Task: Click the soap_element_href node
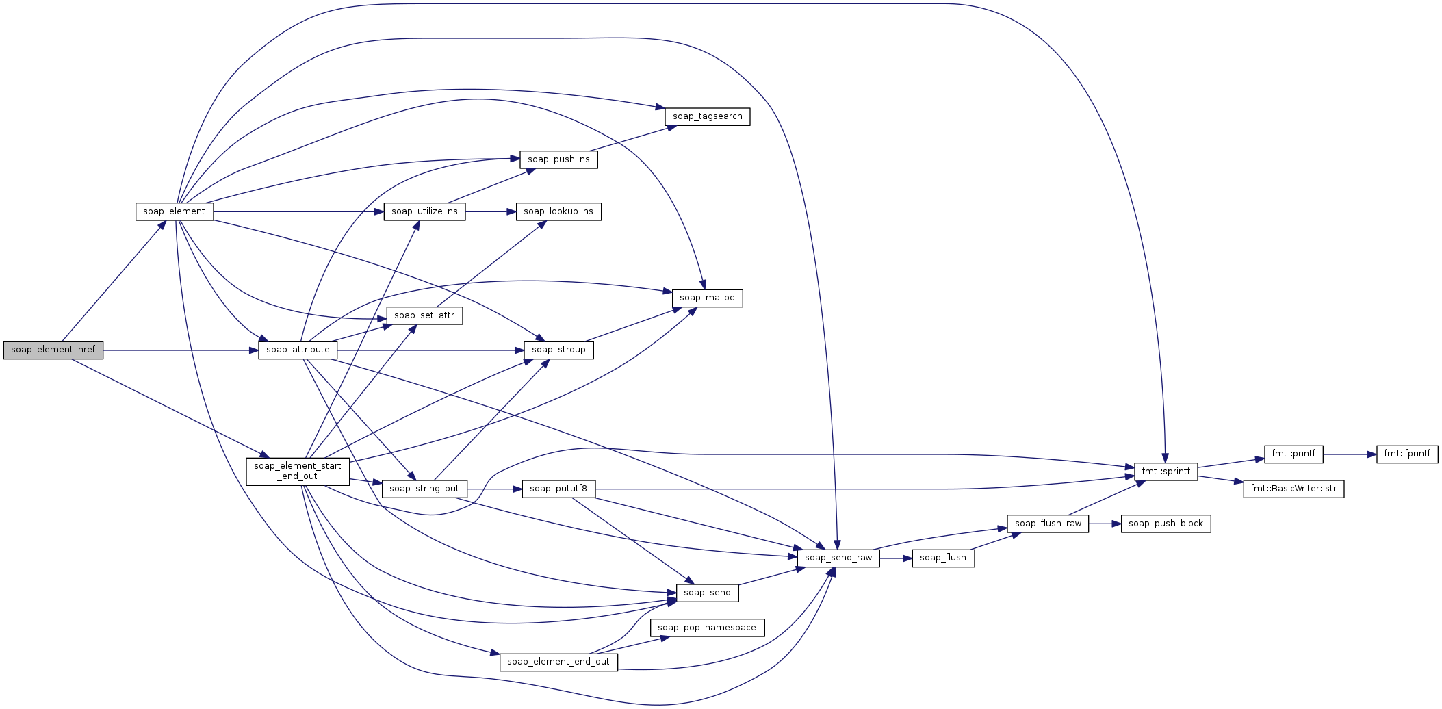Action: click(53, 350)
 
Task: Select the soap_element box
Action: click(175, 211)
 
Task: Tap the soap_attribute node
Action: click(298, 350)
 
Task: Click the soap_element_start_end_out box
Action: click(298, 472)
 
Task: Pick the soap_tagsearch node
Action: click(708, 116)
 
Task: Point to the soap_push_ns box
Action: click(558, 159)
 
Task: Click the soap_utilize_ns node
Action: click(424, 211)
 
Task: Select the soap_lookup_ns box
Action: click(558, 211)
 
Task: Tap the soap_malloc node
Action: click(707, 298)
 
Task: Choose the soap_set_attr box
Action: click(424, 315)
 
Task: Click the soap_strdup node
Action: click(558, 350)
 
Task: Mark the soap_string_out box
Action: click(424, 489)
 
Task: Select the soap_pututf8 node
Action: click(558, 489)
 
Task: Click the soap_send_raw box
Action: click(838, 558)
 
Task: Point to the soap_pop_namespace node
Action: click(707, 628)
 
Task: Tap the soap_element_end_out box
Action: click(558, 662)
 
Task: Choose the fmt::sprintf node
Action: click(1166, 472)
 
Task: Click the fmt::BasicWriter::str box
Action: click(1293, 489)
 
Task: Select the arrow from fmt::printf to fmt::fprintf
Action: click(1350, 454)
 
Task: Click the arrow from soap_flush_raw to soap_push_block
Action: click(1105, 524)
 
